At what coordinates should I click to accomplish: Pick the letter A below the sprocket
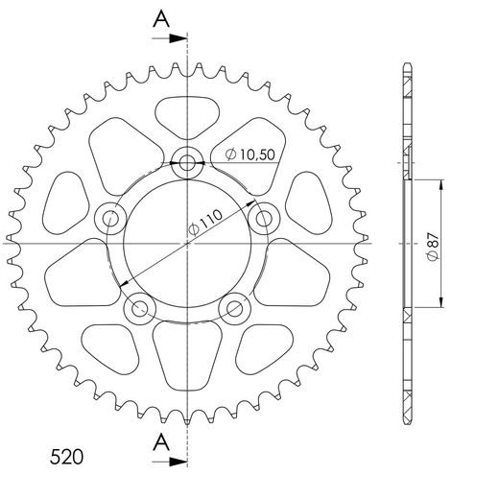point(162,442)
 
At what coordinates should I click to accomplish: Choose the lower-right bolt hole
point(233,308)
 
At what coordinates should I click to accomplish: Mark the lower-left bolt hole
point(141,308)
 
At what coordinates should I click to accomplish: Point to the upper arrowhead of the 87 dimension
point(442,182)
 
